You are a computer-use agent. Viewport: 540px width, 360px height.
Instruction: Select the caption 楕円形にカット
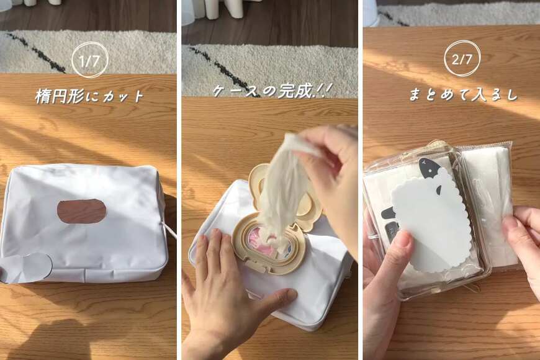[x=89, y=97]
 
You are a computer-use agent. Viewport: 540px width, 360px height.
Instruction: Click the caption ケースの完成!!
[x=270, y=91]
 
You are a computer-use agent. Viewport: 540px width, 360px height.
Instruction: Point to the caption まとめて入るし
[x=463, y=95]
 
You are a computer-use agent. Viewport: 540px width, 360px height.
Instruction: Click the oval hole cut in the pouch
[x=81, y=212]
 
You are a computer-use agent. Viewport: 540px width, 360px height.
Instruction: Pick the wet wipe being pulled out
[x=282, y=186]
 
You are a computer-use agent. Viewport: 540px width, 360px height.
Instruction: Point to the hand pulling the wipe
[x=332, y=174]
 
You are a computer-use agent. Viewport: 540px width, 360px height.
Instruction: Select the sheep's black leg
[x=389, y=213]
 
